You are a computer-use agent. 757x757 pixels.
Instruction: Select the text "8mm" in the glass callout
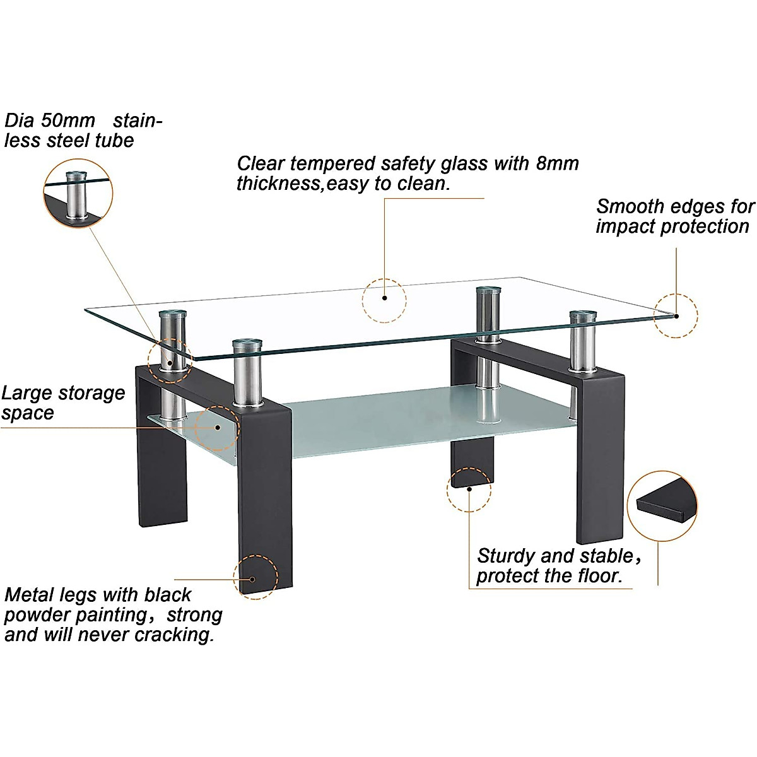point(557,163)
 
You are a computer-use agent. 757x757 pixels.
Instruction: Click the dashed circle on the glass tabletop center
point(384,301)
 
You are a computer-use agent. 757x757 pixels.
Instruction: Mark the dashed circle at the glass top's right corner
point(676,315)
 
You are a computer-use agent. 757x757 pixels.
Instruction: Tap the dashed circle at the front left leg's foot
point(255,577)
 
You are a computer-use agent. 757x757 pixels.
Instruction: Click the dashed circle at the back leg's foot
point(469,488)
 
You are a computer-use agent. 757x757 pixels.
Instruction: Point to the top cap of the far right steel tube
point(583,314)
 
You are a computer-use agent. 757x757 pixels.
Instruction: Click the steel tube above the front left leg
point(245,375)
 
